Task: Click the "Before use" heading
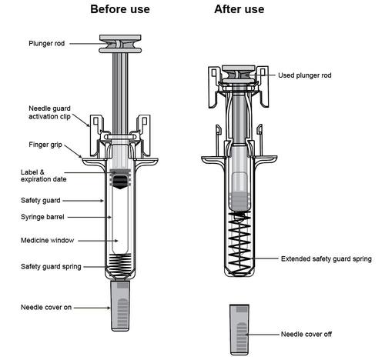click(x=120, y=9)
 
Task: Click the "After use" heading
click(x=239, y=9)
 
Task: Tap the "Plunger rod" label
click(x=46, y=43)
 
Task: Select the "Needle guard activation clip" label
click(x=49, y=112)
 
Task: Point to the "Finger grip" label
click(x=45, y=145)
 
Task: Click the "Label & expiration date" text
click(x=43, y=175)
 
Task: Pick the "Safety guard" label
click(x=40, y=200)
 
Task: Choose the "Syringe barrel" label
click(x=42, y=217)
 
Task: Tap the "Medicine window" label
click(x=47, y=240)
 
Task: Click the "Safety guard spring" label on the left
click(x=51, y=266)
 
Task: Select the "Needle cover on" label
click(x=46, y=307)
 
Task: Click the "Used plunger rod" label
click(x=305, y=75)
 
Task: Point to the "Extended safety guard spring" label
click(x=326, y=258)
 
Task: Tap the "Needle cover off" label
click(x=306, y=334)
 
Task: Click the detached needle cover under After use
click(x=239, y=330)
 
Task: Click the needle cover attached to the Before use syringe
click(x=120, y=305)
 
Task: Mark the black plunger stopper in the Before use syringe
click(x=120, y=182)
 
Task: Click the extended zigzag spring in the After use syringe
click(x=239, y=240)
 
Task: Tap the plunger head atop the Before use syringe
click(x=120, y=44)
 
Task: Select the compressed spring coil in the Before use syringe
click(x=120, y=263)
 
